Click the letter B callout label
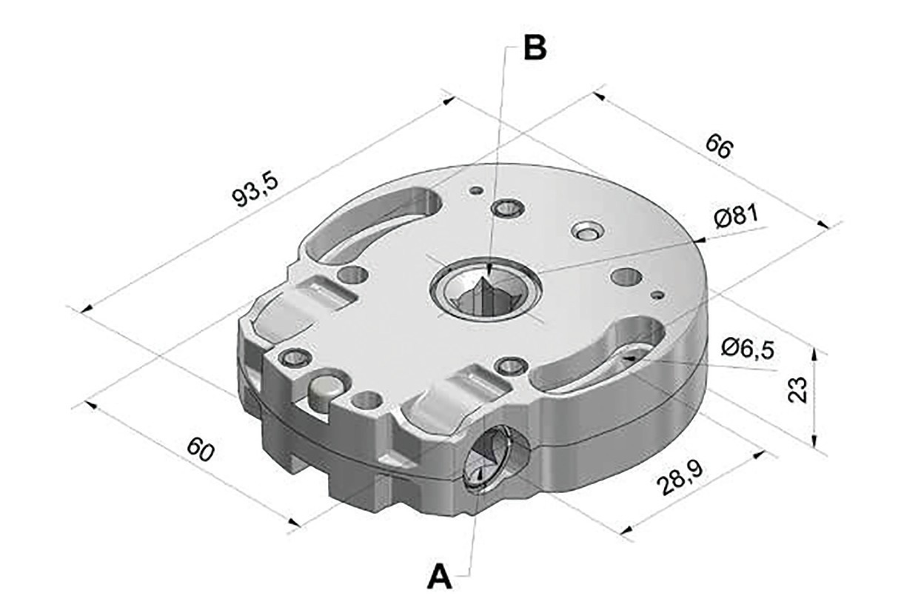coord(535,49)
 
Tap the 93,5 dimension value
coord(255,190)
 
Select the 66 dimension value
coord(719,147)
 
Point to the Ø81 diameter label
coord(736,216)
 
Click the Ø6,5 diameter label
coord(748,349)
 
